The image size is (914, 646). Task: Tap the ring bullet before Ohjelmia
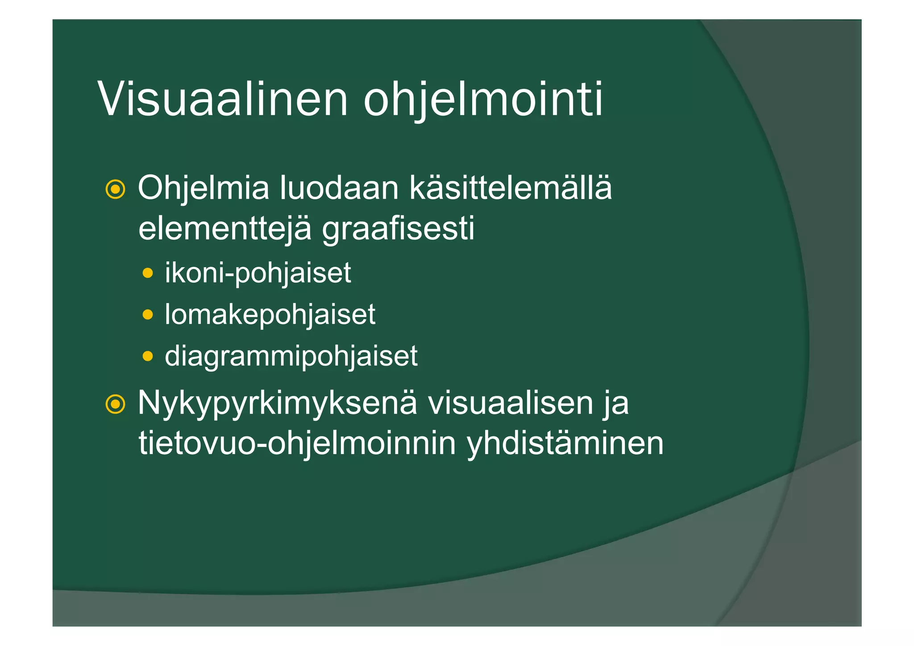(115, 190)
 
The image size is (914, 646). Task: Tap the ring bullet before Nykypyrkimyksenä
(115, 404)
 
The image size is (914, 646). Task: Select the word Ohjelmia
(204, 188)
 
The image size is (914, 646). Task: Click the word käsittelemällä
(511, 188)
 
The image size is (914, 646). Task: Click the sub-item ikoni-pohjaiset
(258, 273)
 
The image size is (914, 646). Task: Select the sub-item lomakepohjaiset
(270, 314)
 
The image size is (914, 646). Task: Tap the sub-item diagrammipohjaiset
(291, 356)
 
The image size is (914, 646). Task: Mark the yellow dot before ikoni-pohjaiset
(148, 273)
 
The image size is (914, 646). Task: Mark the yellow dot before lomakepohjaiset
(148, 315)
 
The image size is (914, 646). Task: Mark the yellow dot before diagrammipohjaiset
(148, 356)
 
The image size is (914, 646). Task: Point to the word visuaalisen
(510, 403)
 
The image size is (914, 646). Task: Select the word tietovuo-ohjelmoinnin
(297, 444)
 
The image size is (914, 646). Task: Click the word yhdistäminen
(565, 444)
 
